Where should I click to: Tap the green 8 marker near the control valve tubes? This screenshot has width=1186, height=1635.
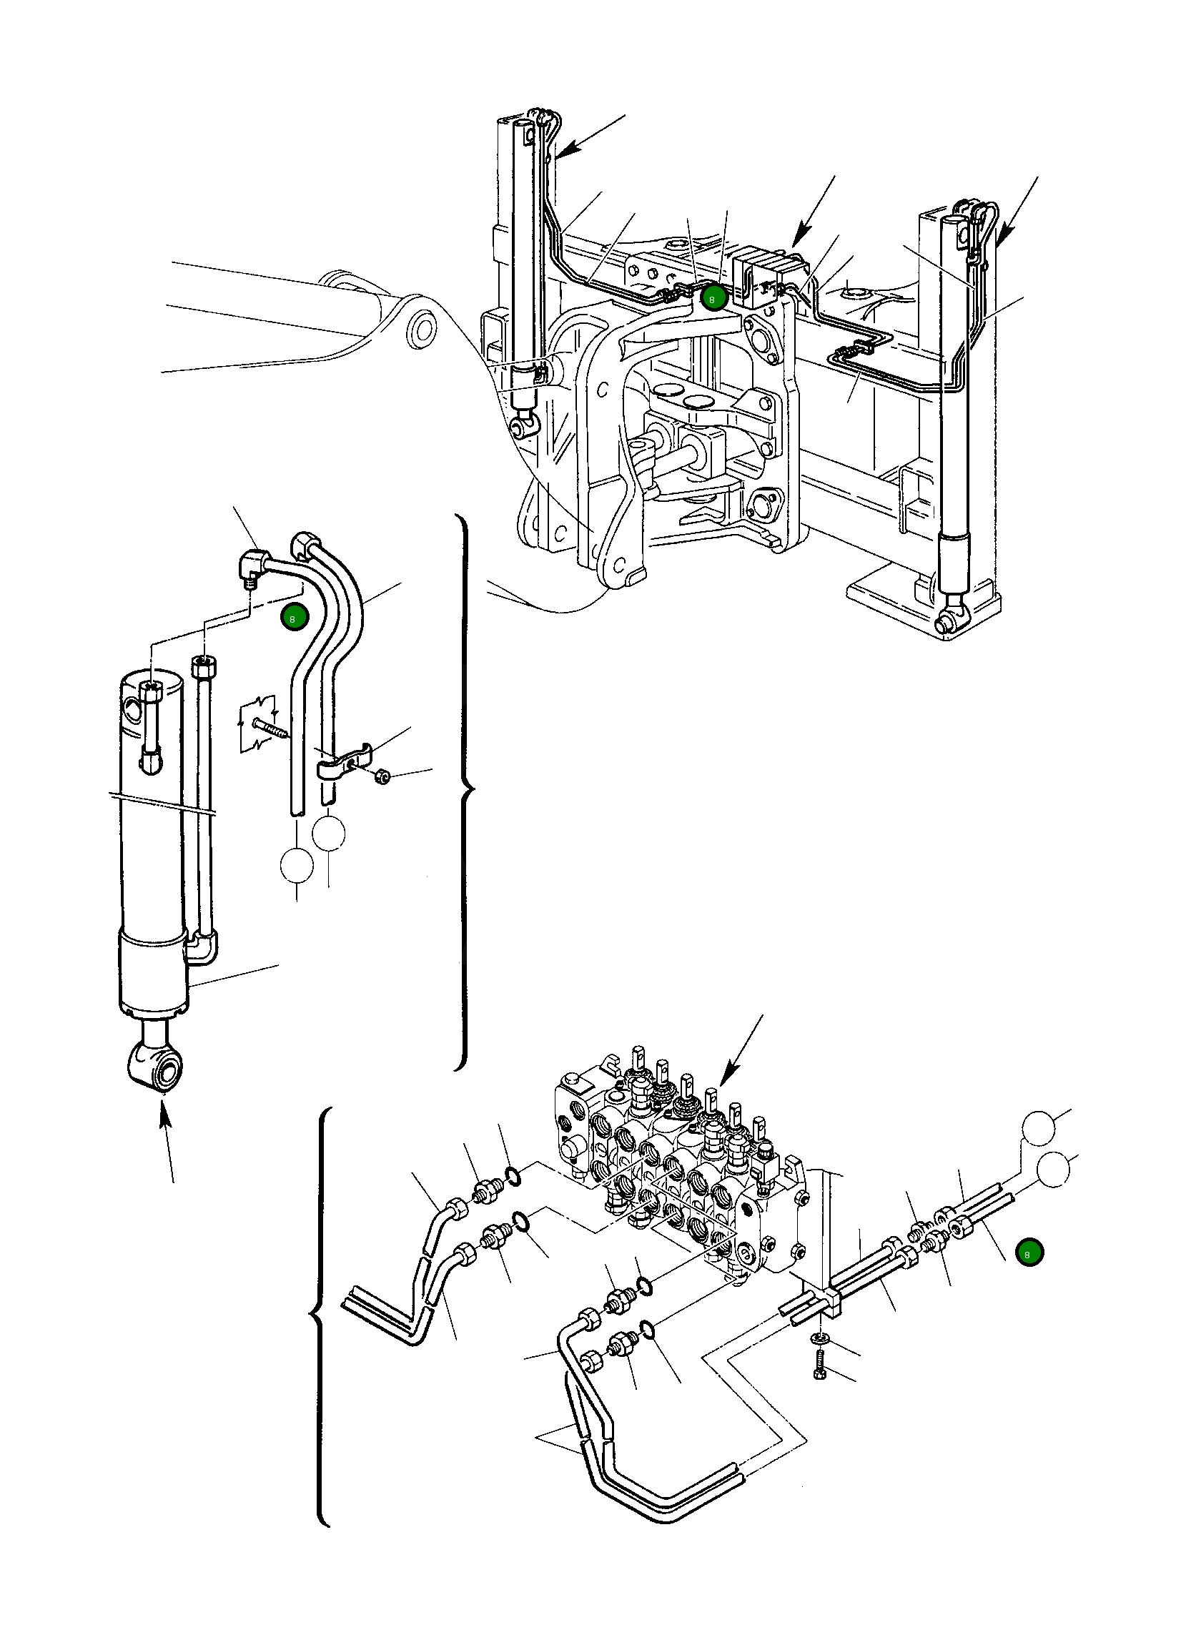[x=1028, y=1253]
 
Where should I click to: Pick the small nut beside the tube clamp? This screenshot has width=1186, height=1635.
[x=383, y=776]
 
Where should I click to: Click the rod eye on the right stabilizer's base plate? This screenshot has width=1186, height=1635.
[x=951, y=618]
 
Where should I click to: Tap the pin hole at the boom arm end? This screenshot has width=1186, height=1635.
[x=423, y=330]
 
